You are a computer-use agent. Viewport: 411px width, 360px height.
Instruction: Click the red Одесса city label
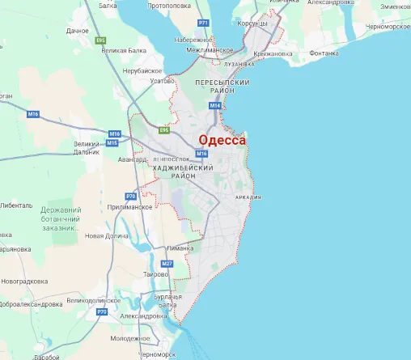pyautogui.click(x=222, y=139)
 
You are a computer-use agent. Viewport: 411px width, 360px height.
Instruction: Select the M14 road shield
pyautogui.click(x=215, y=106)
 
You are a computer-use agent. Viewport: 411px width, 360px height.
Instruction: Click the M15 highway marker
pyautogui.click(x=112, y=143)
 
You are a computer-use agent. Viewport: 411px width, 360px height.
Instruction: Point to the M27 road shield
pyautogui.click(x=167, y=264)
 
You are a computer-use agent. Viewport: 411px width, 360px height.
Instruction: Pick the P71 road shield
pyautogui.click(x=203, y=22)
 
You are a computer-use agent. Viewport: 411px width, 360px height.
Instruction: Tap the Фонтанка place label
pyautogui.click(x=324, y=53)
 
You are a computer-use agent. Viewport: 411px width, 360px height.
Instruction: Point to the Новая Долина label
pyautogui.click(x=107, y=235)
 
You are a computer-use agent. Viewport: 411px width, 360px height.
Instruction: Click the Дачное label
pyautogui.click(x=78, y=31)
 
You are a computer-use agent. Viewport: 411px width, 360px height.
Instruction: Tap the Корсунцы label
pyautogui.click(x=252, y=24)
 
